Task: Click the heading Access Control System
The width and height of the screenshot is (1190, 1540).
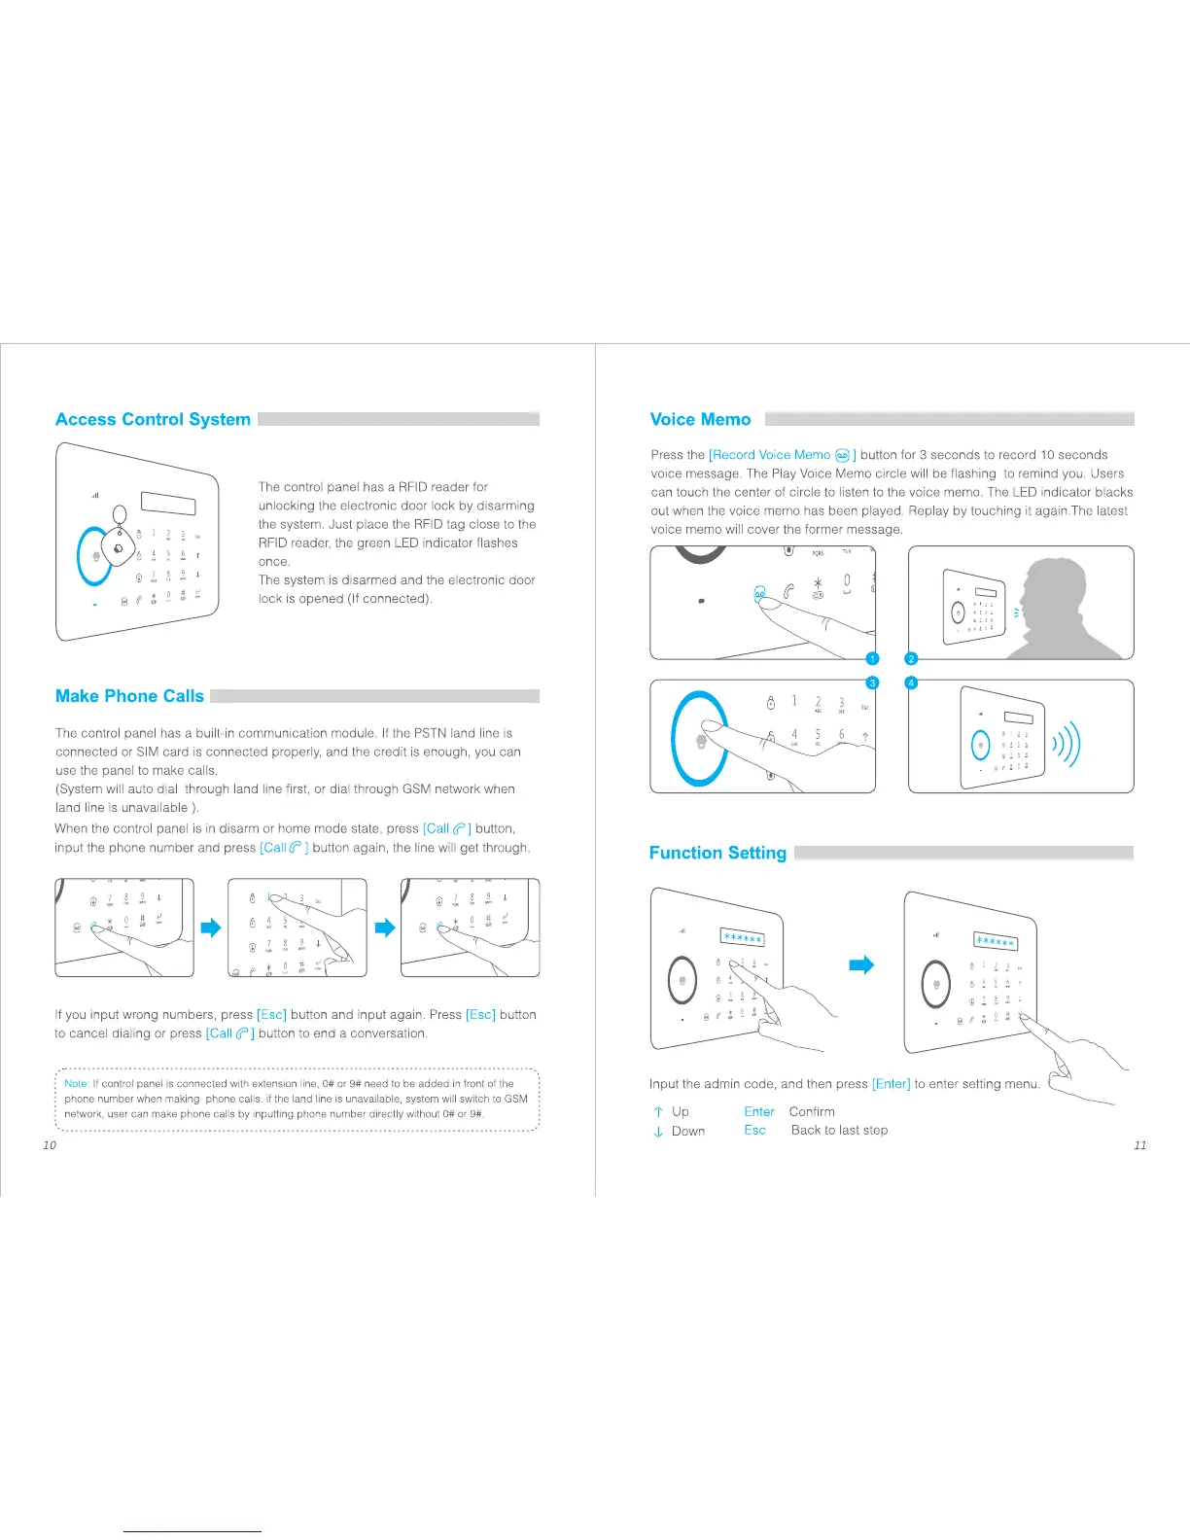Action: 153,420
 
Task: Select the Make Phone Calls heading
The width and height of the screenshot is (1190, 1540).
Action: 129,696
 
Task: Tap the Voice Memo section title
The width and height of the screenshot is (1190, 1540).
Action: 700,420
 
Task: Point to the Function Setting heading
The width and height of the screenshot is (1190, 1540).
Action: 717,853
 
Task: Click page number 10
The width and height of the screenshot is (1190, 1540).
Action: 50,1145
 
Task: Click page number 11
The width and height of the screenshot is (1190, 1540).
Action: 1140,1145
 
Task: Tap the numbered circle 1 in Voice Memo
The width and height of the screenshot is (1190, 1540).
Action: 873,659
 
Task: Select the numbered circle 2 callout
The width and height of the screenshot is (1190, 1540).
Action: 912,659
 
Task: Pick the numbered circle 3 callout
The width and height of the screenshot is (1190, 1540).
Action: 873,682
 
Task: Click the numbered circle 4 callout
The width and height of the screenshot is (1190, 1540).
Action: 912,682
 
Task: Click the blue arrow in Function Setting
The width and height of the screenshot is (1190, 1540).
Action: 861,964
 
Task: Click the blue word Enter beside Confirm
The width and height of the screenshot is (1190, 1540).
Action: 759,1111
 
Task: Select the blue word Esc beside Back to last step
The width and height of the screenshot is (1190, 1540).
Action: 755,1130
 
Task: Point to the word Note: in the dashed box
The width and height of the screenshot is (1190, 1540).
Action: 77,1083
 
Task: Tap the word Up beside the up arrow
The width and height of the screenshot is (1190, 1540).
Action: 681,1111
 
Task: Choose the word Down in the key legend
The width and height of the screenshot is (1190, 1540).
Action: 688,1131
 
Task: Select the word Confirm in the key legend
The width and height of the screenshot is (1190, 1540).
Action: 812,1111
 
